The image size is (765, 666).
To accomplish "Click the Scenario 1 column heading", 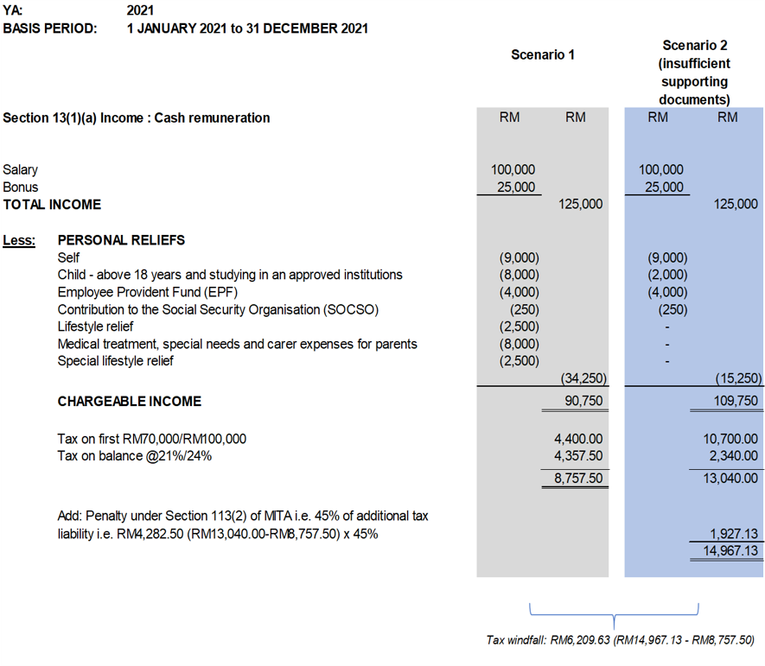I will pos(543,55).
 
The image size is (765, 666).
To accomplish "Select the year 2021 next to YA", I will pos(141,10).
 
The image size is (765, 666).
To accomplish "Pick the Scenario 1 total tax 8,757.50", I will pos(578,478).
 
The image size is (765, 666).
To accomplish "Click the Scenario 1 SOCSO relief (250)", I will pos(524,309).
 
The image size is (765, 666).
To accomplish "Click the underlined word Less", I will pos(19,240).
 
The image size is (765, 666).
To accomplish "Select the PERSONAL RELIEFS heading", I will pos(121,240).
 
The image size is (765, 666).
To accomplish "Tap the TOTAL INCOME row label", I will pos(52,205).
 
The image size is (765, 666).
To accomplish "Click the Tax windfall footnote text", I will pos(621,640).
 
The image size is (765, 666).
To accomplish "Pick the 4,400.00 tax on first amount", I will pos(578,438).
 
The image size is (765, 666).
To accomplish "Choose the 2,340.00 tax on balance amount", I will pos(734,455).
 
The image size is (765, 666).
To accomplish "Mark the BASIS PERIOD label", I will pos(49,29).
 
